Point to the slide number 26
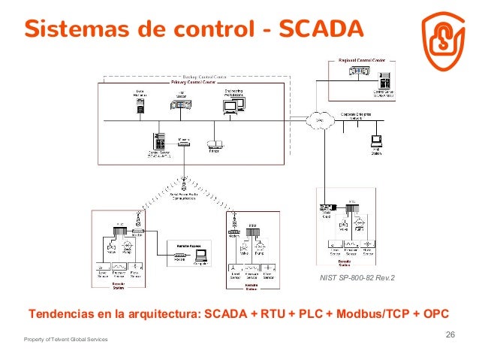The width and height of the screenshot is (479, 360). [450, 334]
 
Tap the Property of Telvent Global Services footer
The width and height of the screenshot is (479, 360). [66, 340]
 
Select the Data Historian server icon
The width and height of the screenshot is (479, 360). [140, 108]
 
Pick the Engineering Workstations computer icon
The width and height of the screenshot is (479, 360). [230, 107]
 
